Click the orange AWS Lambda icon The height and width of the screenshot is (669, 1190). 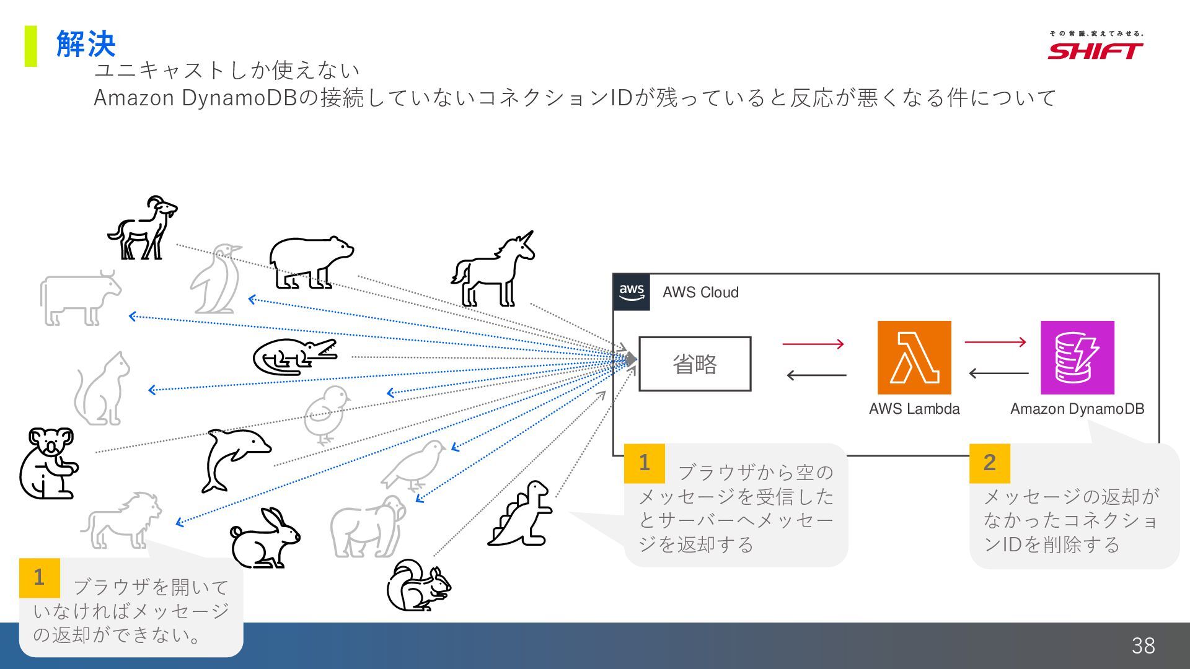click(914, 357)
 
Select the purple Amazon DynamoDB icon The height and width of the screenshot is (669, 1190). click(1077, 357)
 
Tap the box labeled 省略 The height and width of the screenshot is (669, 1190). click(695, 364)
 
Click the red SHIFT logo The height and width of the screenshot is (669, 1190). click(1095, 50)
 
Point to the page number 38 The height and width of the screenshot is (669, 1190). click(1143, 645)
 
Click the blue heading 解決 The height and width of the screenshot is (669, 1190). click(86, 44)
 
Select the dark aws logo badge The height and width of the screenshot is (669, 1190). click(632, 292)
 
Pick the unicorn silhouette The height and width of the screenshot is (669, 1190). click(494, 270)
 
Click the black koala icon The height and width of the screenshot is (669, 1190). click(48, 463)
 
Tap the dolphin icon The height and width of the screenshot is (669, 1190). click(236, 459)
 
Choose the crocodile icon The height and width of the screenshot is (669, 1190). click(294, 357)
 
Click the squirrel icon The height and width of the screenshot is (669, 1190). click(418, 586)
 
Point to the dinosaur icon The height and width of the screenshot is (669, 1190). click(521, 514)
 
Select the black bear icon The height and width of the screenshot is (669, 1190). click(310, 262)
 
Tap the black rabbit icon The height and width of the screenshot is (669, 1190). click(265, 539)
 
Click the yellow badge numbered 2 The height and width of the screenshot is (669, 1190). click(989, 463)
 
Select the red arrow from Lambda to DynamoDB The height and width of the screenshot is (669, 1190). click(995, 341)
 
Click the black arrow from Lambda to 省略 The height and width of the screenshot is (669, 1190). click(816, 375)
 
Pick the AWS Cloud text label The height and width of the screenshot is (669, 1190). click(700, 292)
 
